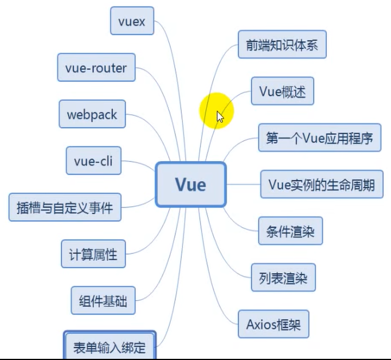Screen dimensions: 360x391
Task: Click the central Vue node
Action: (191, 184)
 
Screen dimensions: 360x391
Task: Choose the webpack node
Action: (92, 114)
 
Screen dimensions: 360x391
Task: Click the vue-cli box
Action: (93, 161)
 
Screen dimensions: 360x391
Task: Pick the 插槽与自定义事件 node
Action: (65, 207)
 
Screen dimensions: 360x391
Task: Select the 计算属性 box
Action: (93, 253)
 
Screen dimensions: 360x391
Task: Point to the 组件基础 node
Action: (103, 300)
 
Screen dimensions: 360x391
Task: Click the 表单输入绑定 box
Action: (109, 346)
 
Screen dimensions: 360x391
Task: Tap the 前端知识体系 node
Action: (282, 45)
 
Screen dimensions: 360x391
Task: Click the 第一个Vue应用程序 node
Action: (319, 138)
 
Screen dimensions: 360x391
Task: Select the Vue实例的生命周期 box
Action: (322, 185)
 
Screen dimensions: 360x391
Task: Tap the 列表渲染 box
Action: (283, 278)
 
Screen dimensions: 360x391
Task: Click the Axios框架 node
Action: (273, 325)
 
